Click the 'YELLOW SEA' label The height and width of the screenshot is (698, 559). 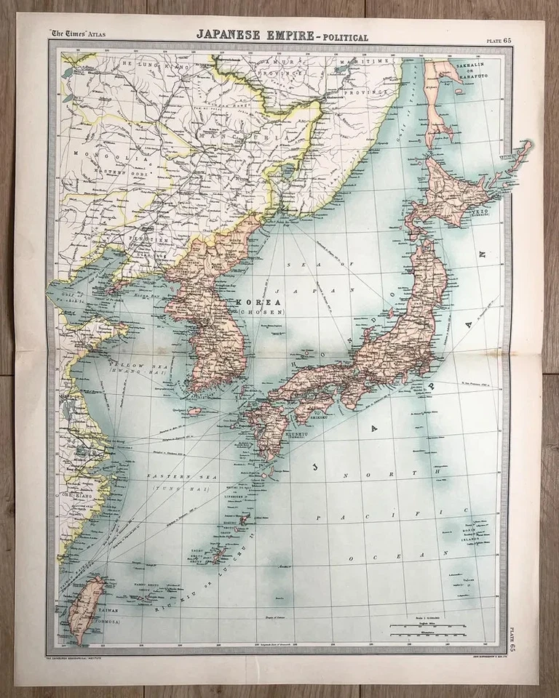tap(131, 362)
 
